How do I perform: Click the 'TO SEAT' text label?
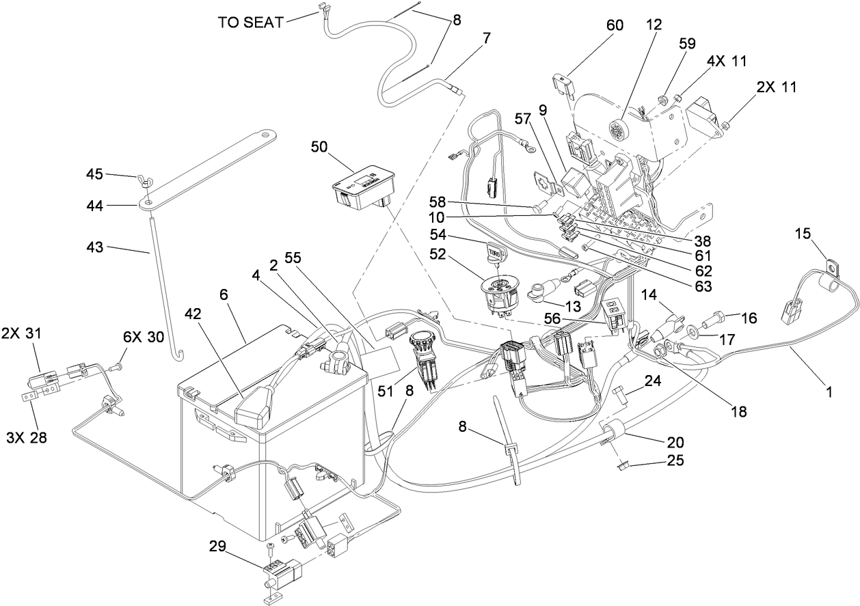pyautogui.click(x=250, y=22)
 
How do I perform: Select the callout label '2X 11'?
pyautogui.click(x=776, y=87)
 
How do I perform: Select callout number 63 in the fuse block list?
pyautogui.click(x=703, y=285)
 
